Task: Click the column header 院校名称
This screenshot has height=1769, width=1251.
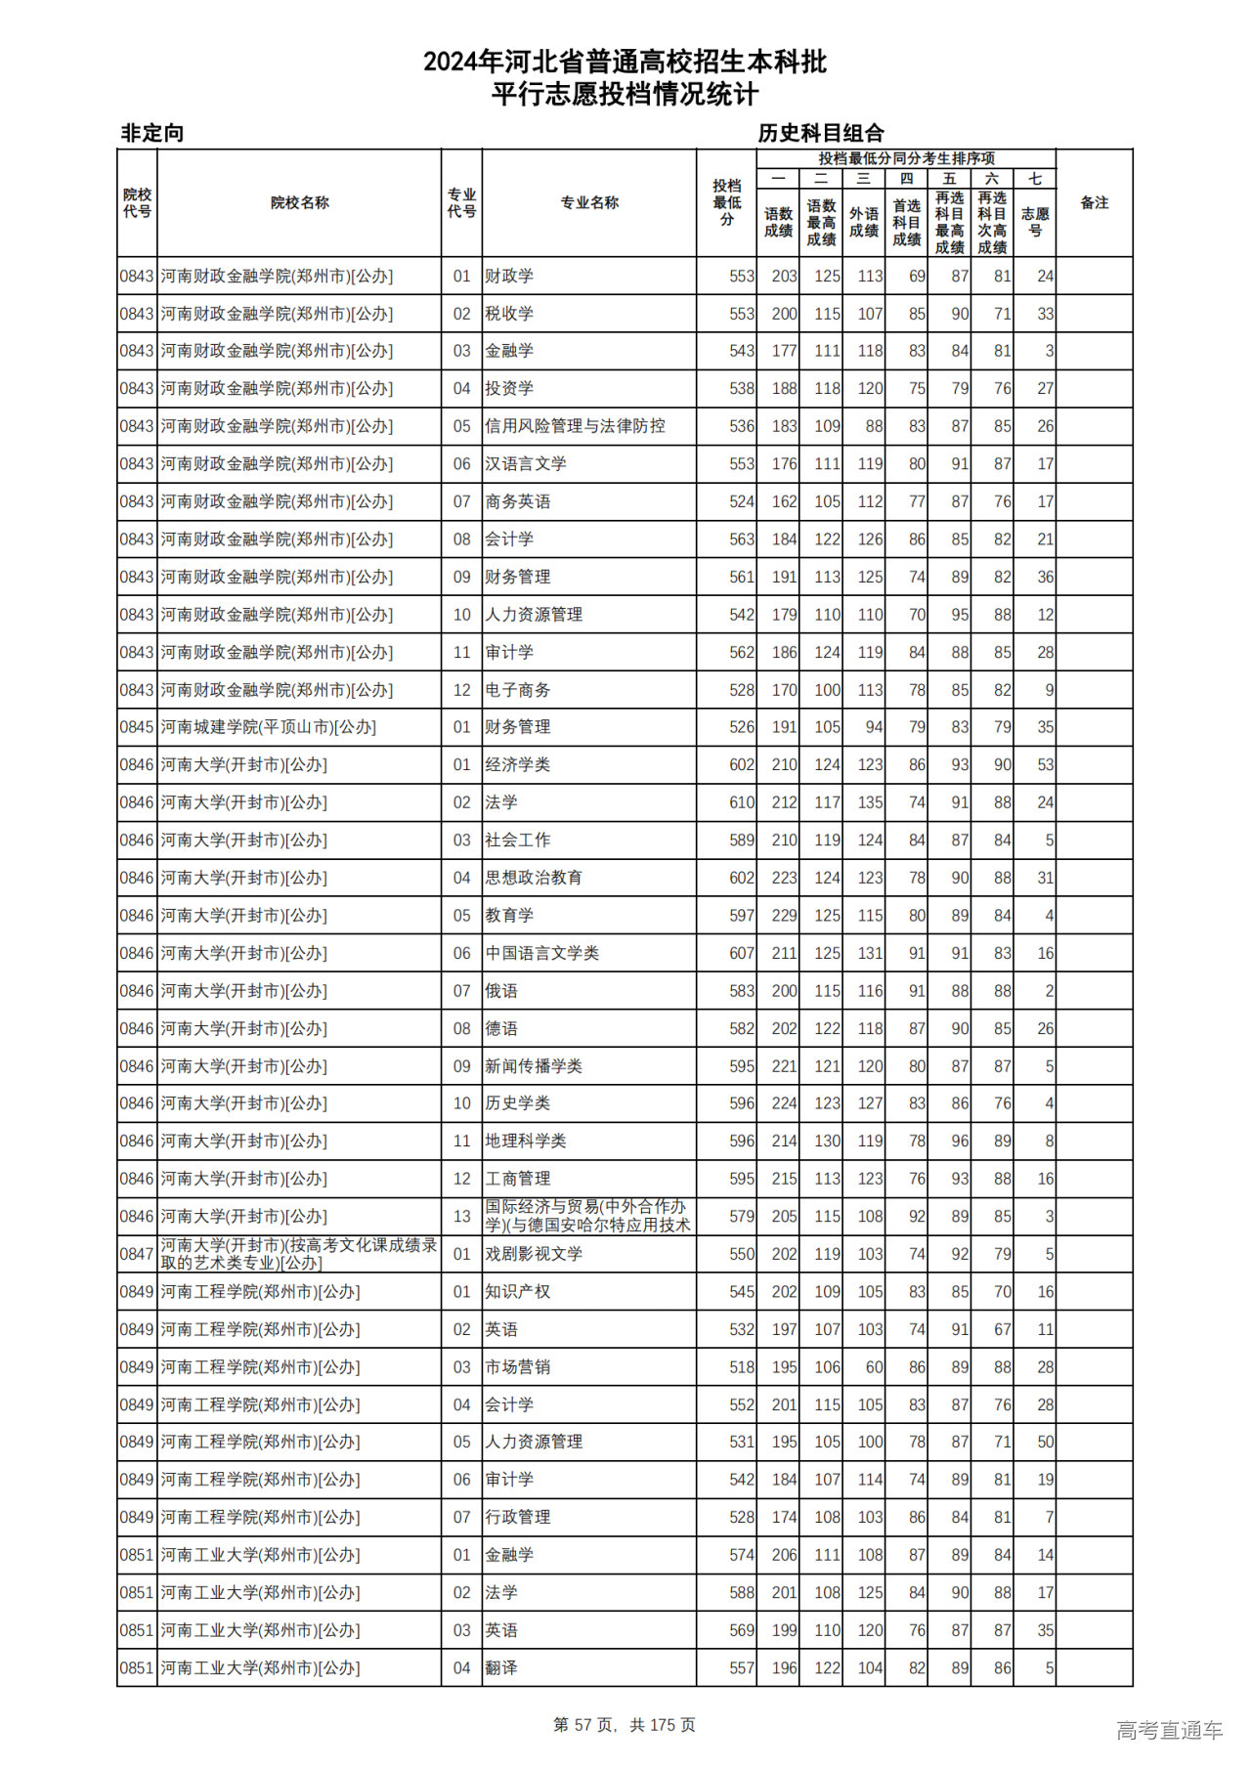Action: (x=299, y=203)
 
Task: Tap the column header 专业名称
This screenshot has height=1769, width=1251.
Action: (x=588, y=203)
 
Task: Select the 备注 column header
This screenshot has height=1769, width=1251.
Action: (x=1094, y=203)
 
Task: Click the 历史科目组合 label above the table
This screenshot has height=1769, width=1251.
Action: (x=821, y=133)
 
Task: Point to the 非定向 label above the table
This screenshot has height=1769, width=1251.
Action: (x=152, y=133)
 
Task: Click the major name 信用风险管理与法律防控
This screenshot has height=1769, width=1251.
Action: (x=575, y=426)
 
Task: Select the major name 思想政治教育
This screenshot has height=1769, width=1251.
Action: (x=534, y=878)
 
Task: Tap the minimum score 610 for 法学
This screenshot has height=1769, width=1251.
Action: (x=741, y=802)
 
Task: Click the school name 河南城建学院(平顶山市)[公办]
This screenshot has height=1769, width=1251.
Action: (x=268, y=727)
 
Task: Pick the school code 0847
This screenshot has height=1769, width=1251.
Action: (x=137, y=1254)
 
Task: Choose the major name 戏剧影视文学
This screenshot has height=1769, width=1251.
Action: (x=534, y=1254)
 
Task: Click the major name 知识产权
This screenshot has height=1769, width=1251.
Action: (x=517, y=1292)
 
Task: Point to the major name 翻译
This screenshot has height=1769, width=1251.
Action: (x=501, y=1668)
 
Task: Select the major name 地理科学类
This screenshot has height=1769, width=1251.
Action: (x=526, y=1142)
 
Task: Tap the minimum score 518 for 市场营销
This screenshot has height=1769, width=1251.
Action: (x=741, y=1367)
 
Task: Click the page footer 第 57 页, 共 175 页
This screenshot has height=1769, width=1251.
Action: (x=625, y=1725)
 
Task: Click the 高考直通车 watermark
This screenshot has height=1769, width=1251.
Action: (x=1169, y=1730)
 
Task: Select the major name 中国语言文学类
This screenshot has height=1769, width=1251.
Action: (x=541, y=953)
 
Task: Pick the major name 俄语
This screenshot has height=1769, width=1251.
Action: (x=501, y=991)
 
